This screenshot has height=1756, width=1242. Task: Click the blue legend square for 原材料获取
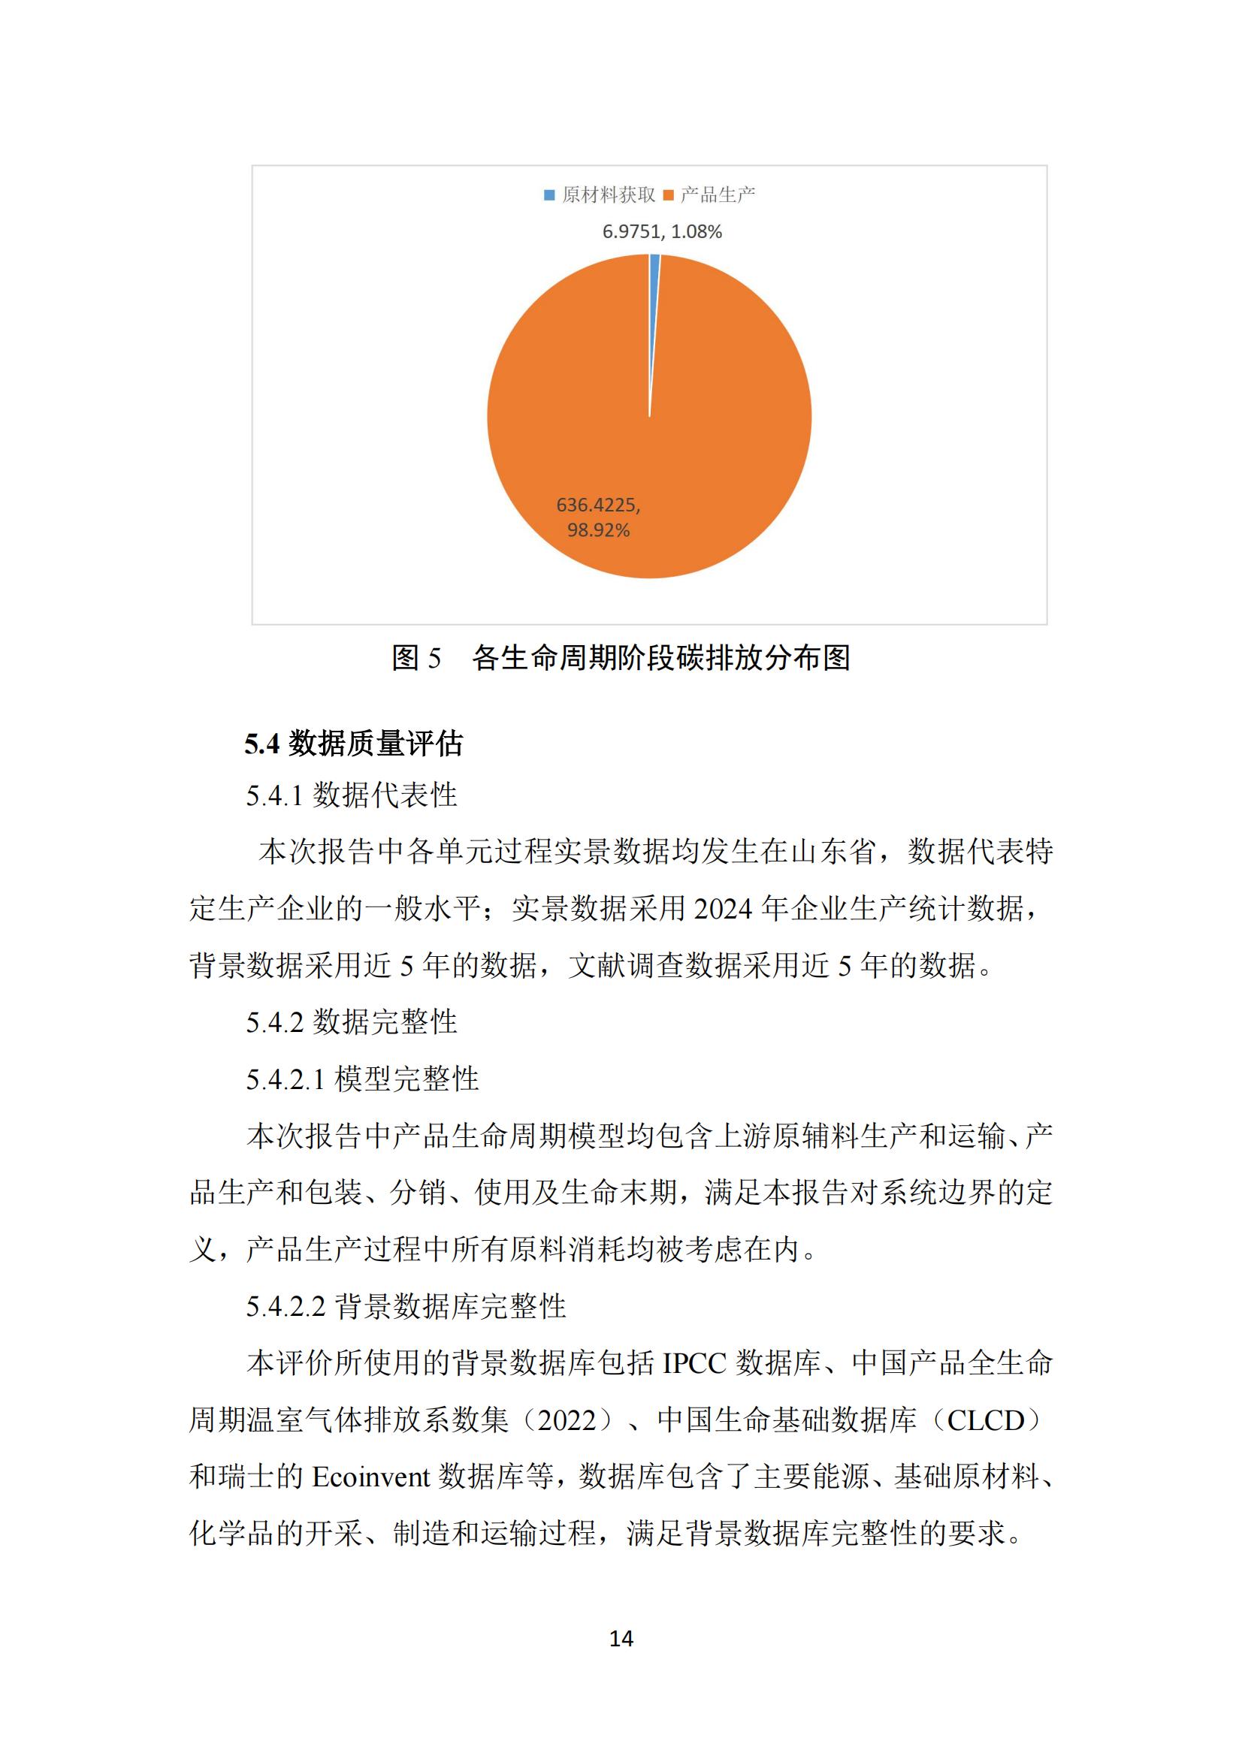[x=548, y=195]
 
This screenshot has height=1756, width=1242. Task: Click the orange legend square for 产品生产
[x=668, y=195]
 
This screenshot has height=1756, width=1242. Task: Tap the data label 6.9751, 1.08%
[x=662, y=232]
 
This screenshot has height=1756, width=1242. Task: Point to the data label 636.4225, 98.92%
[x=598, y=517]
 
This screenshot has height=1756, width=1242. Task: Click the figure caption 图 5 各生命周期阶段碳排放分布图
[x=621, y=658]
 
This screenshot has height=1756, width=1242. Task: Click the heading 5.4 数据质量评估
[x=354, y=744]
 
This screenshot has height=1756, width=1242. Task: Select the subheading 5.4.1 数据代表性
[x=351, y=795]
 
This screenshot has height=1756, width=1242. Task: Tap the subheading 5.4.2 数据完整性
[x=351, y=1021]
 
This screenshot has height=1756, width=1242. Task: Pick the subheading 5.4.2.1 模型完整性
[x=362, y=1079]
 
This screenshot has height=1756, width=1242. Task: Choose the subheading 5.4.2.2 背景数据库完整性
[x=406, y=1306]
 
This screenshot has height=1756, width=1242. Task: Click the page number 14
[x=621, y=1638]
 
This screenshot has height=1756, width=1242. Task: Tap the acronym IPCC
[x=694, y=1364]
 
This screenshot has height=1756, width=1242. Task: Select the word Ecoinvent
[x=370, y=1477]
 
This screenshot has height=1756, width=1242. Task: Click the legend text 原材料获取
[x=609, y=195]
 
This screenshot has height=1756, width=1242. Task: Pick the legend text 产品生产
[x=717, y=195]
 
